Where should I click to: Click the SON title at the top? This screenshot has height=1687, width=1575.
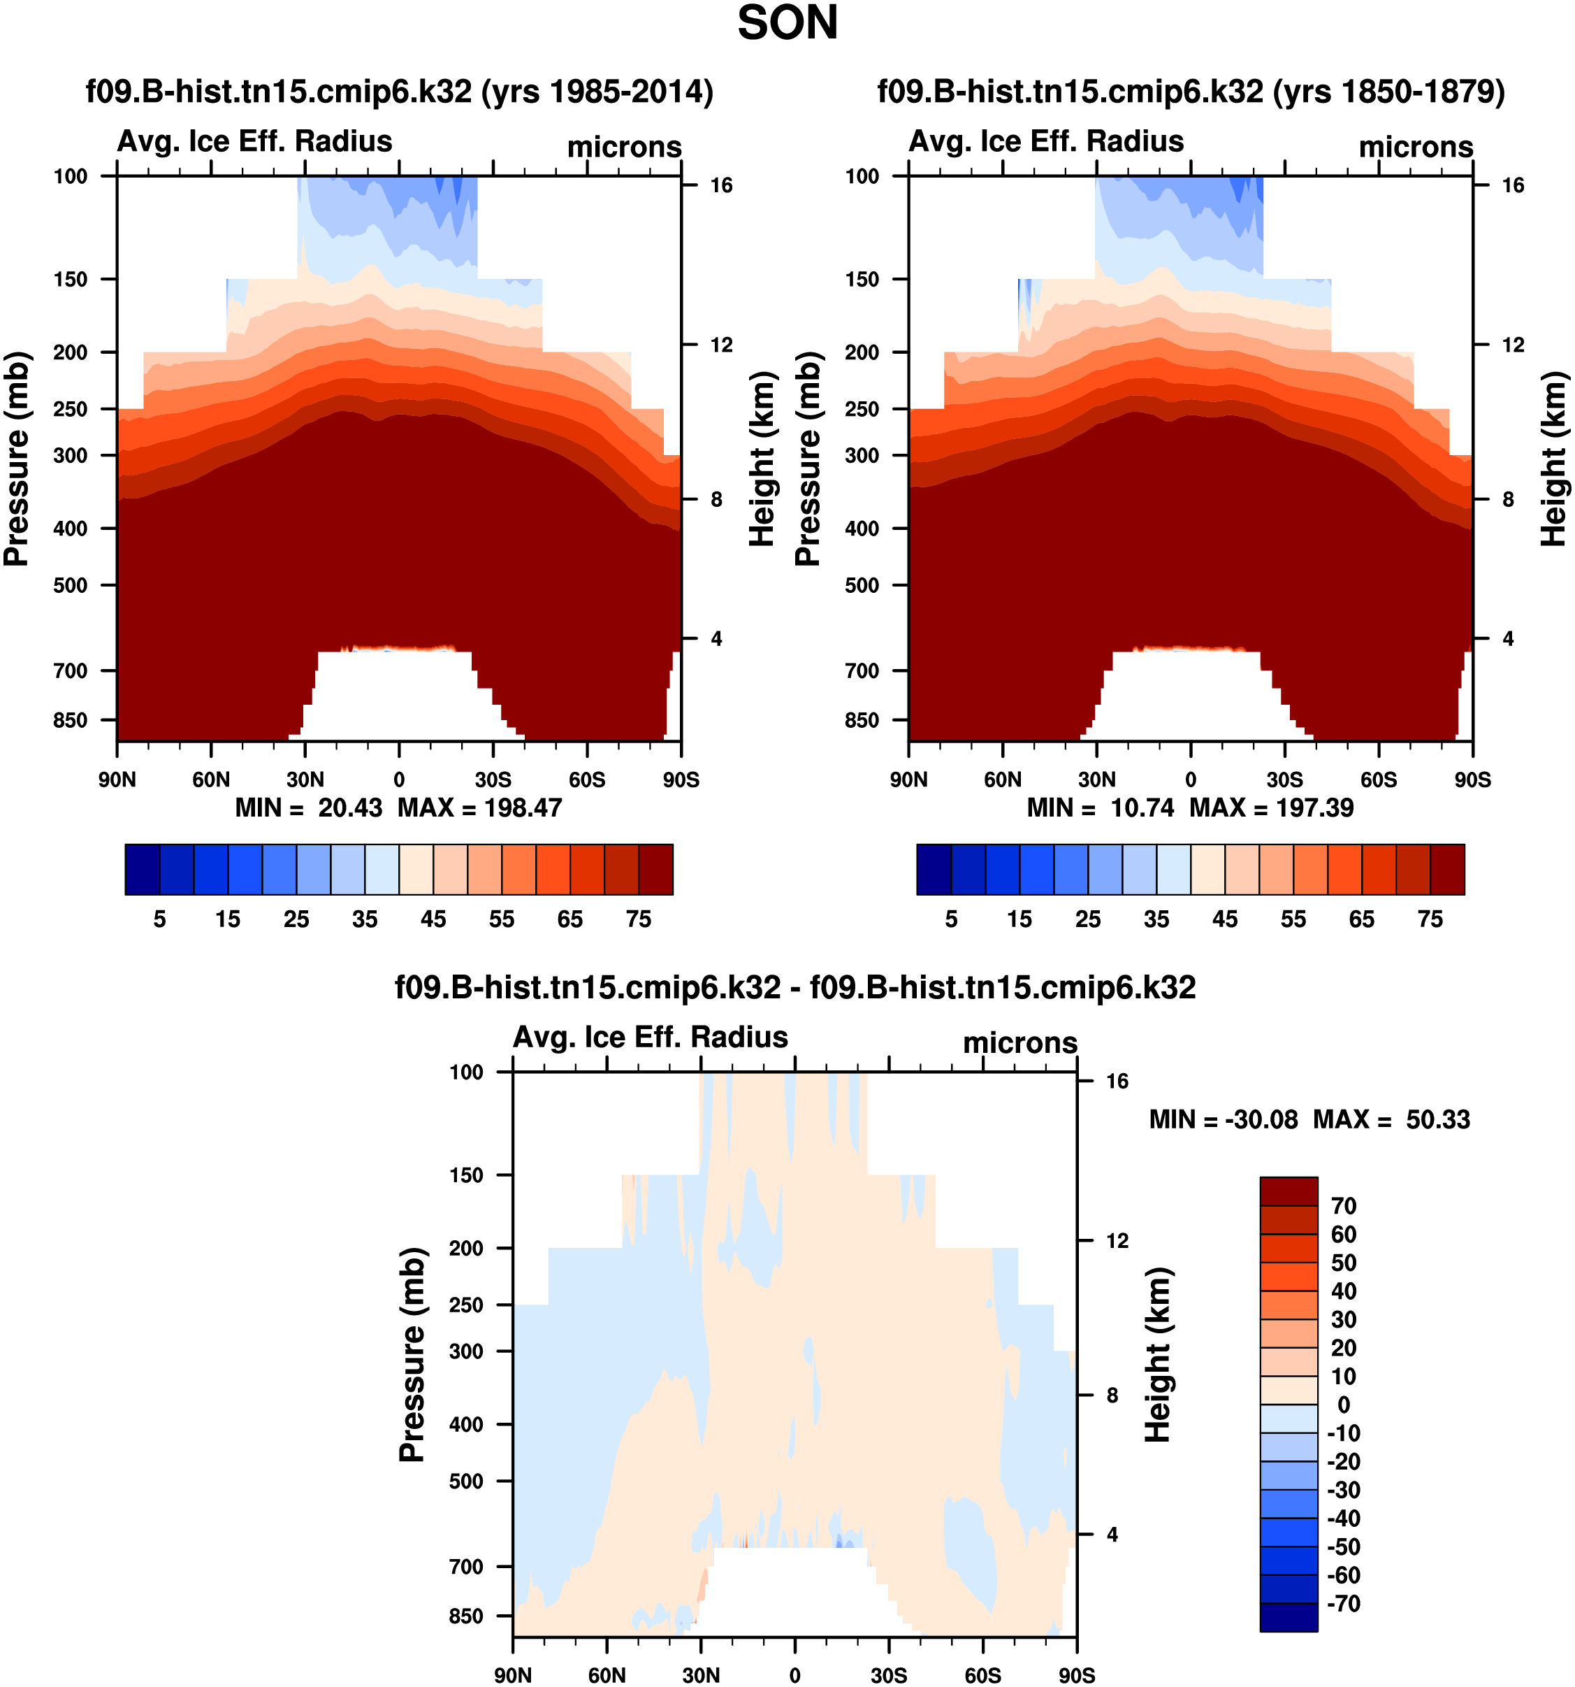click(x=787, y=24)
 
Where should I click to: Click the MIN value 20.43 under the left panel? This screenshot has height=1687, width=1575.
click(x=349, y=808)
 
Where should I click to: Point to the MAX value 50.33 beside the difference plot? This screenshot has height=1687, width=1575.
click(x=1437, y=1120)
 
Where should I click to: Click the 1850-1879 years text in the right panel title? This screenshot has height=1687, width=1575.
click(x=1389, y=92)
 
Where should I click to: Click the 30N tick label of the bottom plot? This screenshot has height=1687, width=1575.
click(x=701, y=1675)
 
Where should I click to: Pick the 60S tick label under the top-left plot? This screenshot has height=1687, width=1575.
click(x=587, y=780)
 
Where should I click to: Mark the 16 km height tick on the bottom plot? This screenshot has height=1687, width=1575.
click(x=1117, y=1081)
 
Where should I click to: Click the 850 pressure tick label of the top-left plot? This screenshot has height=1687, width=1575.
click(x=71, y=721)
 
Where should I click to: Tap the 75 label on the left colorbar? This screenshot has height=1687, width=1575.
click(x=638, y=920)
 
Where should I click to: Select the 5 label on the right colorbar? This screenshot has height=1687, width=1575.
click(x=951, y=920)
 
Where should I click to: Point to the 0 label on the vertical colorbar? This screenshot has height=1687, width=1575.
click(x=1344, y=1405)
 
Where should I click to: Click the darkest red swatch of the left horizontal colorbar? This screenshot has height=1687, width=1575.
click(x=655, y=869)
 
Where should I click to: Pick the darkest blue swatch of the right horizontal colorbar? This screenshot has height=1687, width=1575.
click(x=934, y=869)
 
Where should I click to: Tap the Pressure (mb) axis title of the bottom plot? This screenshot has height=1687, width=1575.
click(x=412, y=1355)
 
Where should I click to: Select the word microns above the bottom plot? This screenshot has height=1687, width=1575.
click(x=1019, y=1043)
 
